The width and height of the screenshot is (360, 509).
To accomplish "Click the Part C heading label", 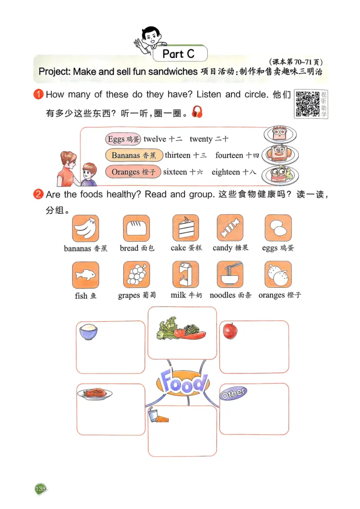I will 179,54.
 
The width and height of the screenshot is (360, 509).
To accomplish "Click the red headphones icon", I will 197,112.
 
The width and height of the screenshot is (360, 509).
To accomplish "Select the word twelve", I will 155,139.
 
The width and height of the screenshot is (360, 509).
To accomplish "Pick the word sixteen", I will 175,172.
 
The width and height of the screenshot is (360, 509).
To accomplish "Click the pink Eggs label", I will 123,139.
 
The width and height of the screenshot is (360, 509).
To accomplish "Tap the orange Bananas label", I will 133,156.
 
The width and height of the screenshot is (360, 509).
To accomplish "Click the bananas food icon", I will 85,228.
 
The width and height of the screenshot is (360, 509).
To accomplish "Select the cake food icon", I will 185,228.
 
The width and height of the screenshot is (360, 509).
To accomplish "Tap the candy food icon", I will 230,228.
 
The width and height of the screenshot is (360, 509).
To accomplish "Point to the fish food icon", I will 85,275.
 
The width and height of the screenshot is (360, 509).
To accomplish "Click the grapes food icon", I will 136,275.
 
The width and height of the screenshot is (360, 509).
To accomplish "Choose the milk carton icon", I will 185,275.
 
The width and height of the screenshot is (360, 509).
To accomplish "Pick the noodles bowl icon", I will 230,275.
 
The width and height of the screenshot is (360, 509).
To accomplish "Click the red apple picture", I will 230,331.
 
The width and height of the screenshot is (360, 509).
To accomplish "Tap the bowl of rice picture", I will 88,332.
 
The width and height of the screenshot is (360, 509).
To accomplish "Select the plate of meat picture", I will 94,393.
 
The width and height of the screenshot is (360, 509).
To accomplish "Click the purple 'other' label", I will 233,393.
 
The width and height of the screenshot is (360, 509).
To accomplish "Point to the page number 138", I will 40,489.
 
